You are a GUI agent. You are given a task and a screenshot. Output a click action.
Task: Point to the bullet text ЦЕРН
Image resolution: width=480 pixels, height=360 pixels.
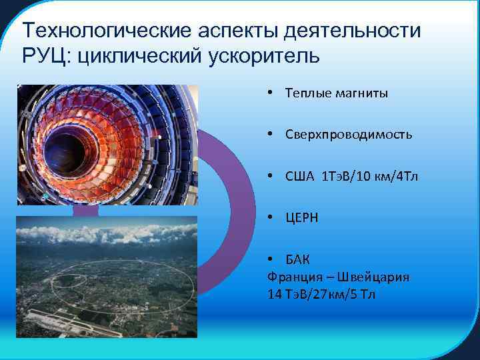(x=301, y=218)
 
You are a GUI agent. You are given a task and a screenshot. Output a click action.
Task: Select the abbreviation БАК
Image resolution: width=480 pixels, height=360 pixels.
(x=297, y=259)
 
